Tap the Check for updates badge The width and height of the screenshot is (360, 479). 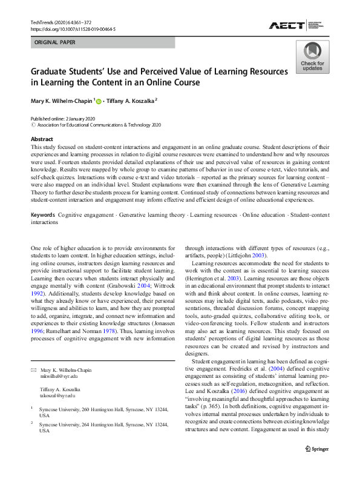tap(312, 57)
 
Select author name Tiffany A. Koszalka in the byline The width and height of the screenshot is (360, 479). tap(129, 101)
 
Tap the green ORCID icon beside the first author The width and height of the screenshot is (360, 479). tap(98, 101)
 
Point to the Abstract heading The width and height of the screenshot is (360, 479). tap(42, 139)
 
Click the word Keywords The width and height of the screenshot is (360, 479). tap(44, 215)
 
